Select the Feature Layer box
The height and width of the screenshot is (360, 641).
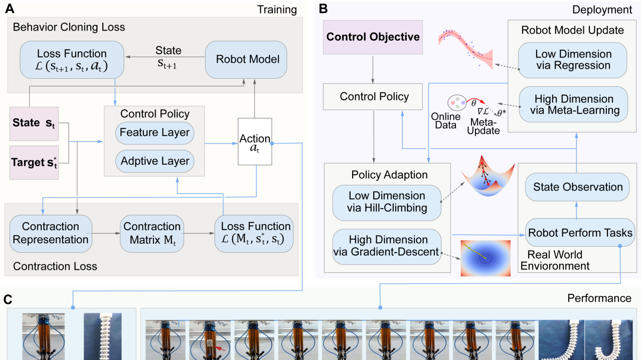pos(154,133)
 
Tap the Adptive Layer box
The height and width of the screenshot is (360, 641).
pos(154,161)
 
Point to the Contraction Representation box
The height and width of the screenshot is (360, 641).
pos(51,233)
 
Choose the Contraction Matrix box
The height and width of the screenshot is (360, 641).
pos(151,233)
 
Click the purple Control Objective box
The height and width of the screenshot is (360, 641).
pos(373,37)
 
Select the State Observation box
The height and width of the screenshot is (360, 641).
pos(577,188)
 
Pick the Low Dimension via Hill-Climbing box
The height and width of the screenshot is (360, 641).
pos(387,202)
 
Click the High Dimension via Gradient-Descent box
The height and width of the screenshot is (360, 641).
pos(387,246)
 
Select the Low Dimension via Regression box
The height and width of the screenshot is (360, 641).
pos(573,60)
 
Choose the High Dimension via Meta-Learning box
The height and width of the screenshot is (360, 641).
pos(573,105)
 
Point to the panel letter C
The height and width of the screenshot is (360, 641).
pos(9,299)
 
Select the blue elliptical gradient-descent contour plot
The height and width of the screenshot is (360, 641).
pos(485,258)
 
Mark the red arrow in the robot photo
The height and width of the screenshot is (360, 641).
pos(216,345)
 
